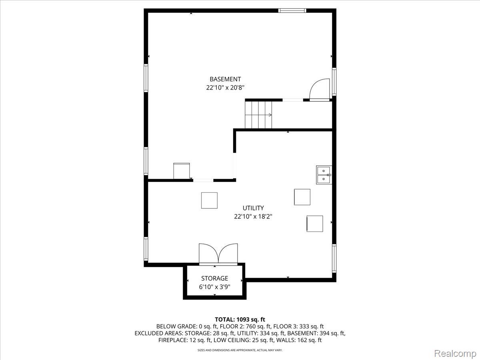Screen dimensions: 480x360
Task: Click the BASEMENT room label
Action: (x=225, y=79)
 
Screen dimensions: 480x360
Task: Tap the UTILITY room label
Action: (x=253, y=208)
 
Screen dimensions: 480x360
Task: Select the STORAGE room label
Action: (x=214, y=278)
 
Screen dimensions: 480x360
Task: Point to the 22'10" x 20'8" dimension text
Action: (x=225, y=88)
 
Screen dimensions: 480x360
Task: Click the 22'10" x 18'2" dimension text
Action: (x=253, y=216)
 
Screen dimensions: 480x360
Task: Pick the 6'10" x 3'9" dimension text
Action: (x=214, y=287)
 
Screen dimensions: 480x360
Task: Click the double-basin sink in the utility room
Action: (x=324, y=175)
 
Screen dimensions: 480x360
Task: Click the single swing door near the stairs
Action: (x=320, y=90)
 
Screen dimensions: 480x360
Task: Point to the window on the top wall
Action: (x=292, y=10)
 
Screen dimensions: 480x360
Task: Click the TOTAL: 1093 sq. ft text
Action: (x=240, y=320)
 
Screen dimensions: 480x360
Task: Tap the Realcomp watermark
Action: (x=455, y=353)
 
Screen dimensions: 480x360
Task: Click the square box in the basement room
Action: (x=182, y=171)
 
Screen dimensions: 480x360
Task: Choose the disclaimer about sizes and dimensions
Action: (x=240, y=350)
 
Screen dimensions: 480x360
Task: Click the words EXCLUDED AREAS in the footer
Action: (x=159, y=333)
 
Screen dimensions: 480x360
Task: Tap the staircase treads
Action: (x=258, y=115)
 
